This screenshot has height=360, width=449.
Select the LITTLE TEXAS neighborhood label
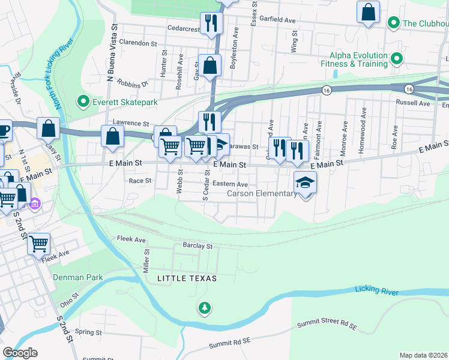coord(186,279)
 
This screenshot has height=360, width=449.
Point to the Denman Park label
coord(78,277)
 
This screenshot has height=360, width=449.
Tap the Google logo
coord(20,353)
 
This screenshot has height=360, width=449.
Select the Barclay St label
coord(197,246)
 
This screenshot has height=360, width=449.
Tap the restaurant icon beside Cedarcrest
coord(210,23)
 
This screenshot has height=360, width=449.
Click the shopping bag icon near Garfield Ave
coord(368,11)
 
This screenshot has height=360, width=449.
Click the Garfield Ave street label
coord(281,20)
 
